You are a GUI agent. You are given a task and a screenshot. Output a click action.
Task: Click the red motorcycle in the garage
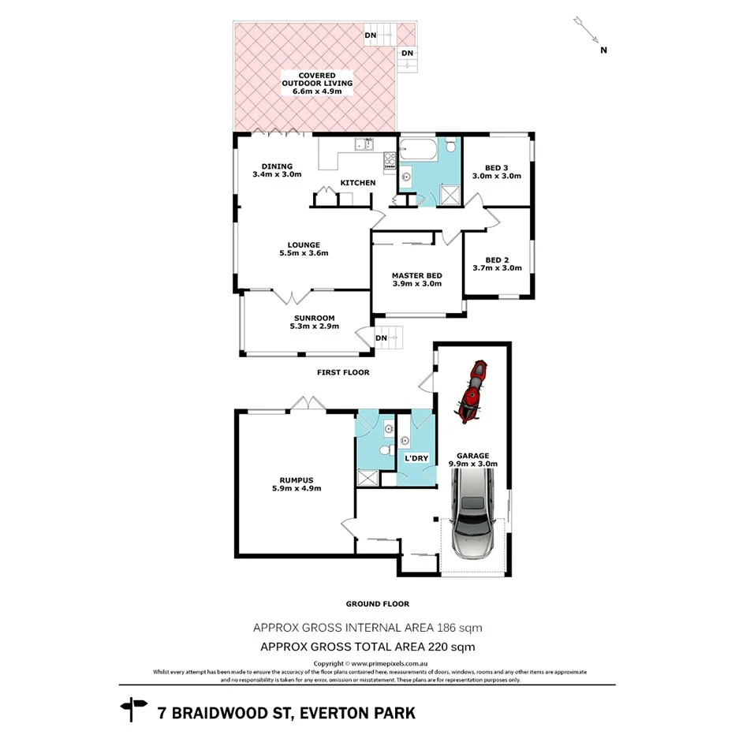(471, 391)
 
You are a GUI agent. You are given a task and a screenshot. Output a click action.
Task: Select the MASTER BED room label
(416, 279)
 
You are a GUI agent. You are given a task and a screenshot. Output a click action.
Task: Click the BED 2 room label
(502, 263)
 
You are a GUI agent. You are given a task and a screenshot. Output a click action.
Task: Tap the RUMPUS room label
(296, 483)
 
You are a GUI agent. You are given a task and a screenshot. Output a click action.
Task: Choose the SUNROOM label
(314, 322)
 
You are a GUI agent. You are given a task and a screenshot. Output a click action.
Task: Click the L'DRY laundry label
(416, 458)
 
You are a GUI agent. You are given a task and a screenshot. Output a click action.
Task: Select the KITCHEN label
(357, 183)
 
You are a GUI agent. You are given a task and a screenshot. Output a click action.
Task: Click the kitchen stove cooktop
(390, 161)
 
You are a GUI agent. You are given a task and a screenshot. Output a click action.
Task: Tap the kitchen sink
(364, 144)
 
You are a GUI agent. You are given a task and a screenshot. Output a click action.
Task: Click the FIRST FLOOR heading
(343, 372)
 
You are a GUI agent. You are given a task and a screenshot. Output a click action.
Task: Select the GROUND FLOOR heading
(377, 604)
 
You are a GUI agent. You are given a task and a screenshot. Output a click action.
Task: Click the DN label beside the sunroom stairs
(381, 338)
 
